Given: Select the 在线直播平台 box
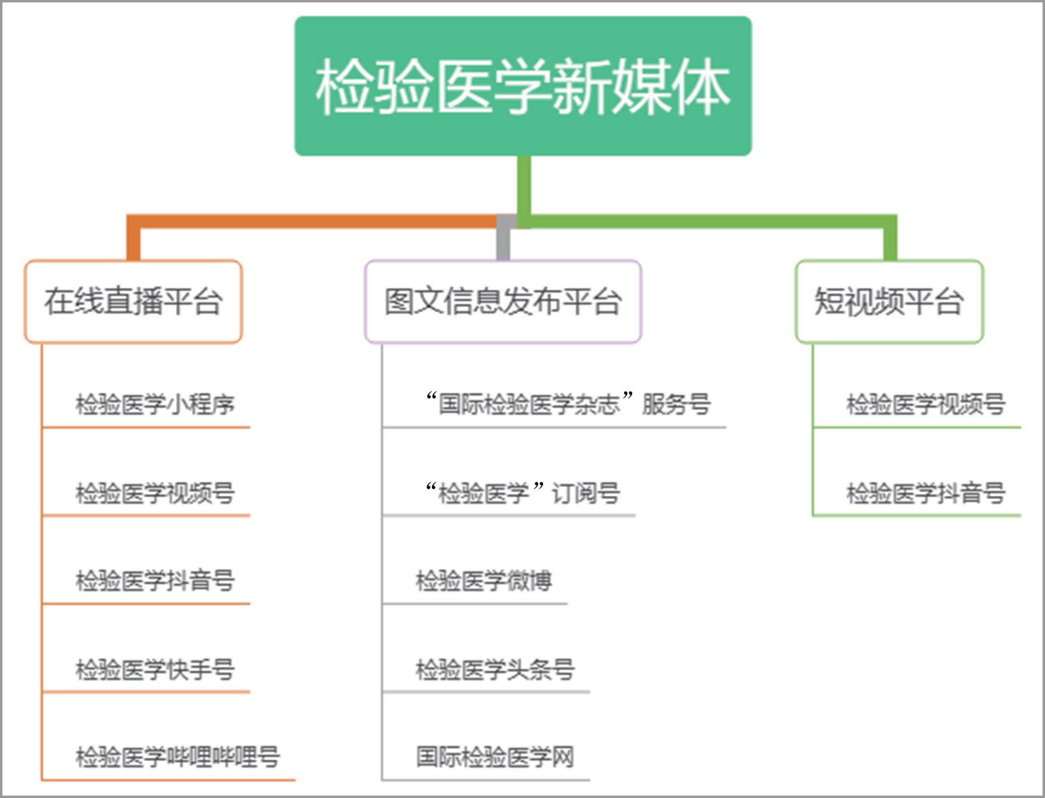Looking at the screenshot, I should tap(133, 302).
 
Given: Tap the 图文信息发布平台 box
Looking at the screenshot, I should tap(503, 302).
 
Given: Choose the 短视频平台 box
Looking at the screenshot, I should tap(889, 302).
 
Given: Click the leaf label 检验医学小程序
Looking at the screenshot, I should tap(155, 404).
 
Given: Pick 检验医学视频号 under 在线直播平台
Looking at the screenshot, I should tap(155, 493).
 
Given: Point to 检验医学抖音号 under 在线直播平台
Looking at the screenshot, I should tap(155, 581).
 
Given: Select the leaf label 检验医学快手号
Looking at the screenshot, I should tap(155, 669).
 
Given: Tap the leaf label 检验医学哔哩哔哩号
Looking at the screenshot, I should tap(177, 757).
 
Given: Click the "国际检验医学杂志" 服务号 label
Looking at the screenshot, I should tap(568, 404).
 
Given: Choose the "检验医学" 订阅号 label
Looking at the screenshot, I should tap(522, 493).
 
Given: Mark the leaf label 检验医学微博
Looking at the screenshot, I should tap(484, 581).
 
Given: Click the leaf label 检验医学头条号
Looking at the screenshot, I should tap(495, 669).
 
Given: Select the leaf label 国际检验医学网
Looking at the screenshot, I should tap(495, 757).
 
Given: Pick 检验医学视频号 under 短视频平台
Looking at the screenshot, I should tap(926, 404).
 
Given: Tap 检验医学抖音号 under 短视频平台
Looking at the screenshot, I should tap(926, 493).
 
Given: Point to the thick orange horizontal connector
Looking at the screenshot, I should tap(312, 221).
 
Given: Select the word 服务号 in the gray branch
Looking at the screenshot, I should tap(676, 404).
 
